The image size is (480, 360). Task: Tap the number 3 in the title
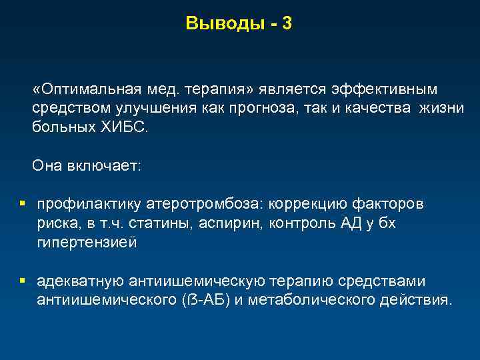pyautogui.click(x=287, y=24)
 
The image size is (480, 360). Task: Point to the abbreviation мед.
pyautogui.click(x=163, y=90)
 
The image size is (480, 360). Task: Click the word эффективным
pyautogui.click(x=383, y=90)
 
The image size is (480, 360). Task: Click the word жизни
pyautogui.click(x=442, y=109)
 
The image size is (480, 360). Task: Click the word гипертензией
pyautogui.click(x=87, y=243)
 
